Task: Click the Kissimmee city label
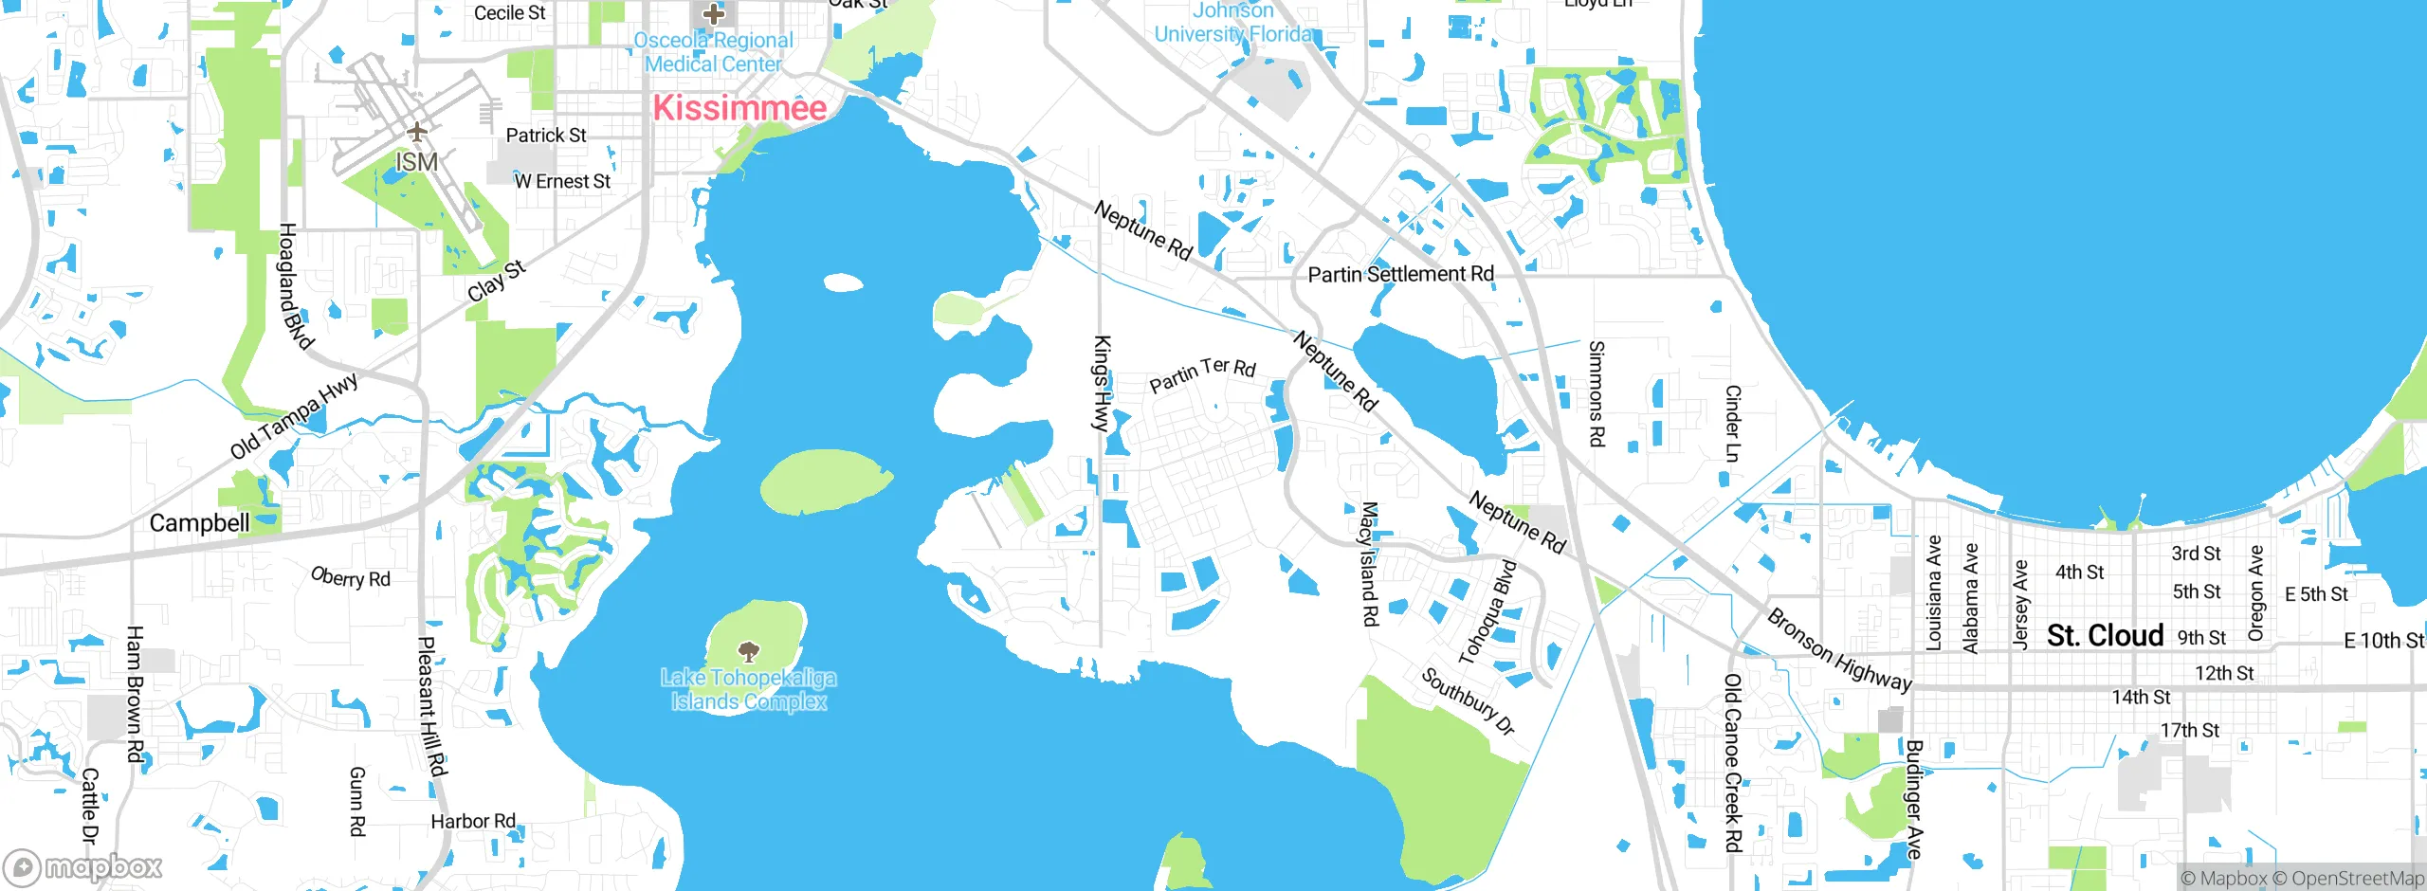point(739,108)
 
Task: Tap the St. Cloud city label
point(2105,635)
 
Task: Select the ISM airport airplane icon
point(416,132)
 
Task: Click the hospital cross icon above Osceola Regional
point(713,14)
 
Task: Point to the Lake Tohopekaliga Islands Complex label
point(749,690)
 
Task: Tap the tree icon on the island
point(749,651)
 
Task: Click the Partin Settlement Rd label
point(1400,275)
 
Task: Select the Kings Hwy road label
point(1102,384)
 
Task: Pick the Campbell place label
point(199,523)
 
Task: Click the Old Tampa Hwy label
point(295,415)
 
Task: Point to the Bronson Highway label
point(1839,650)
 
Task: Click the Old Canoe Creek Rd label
point(1733,762)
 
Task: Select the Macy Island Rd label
point(1369,564)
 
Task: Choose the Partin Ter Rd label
point(1202,374)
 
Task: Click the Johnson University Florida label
point(1233,23)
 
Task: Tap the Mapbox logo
point(83,867)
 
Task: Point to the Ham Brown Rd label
point(135,694)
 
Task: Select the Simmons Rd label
point(1597,393)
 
